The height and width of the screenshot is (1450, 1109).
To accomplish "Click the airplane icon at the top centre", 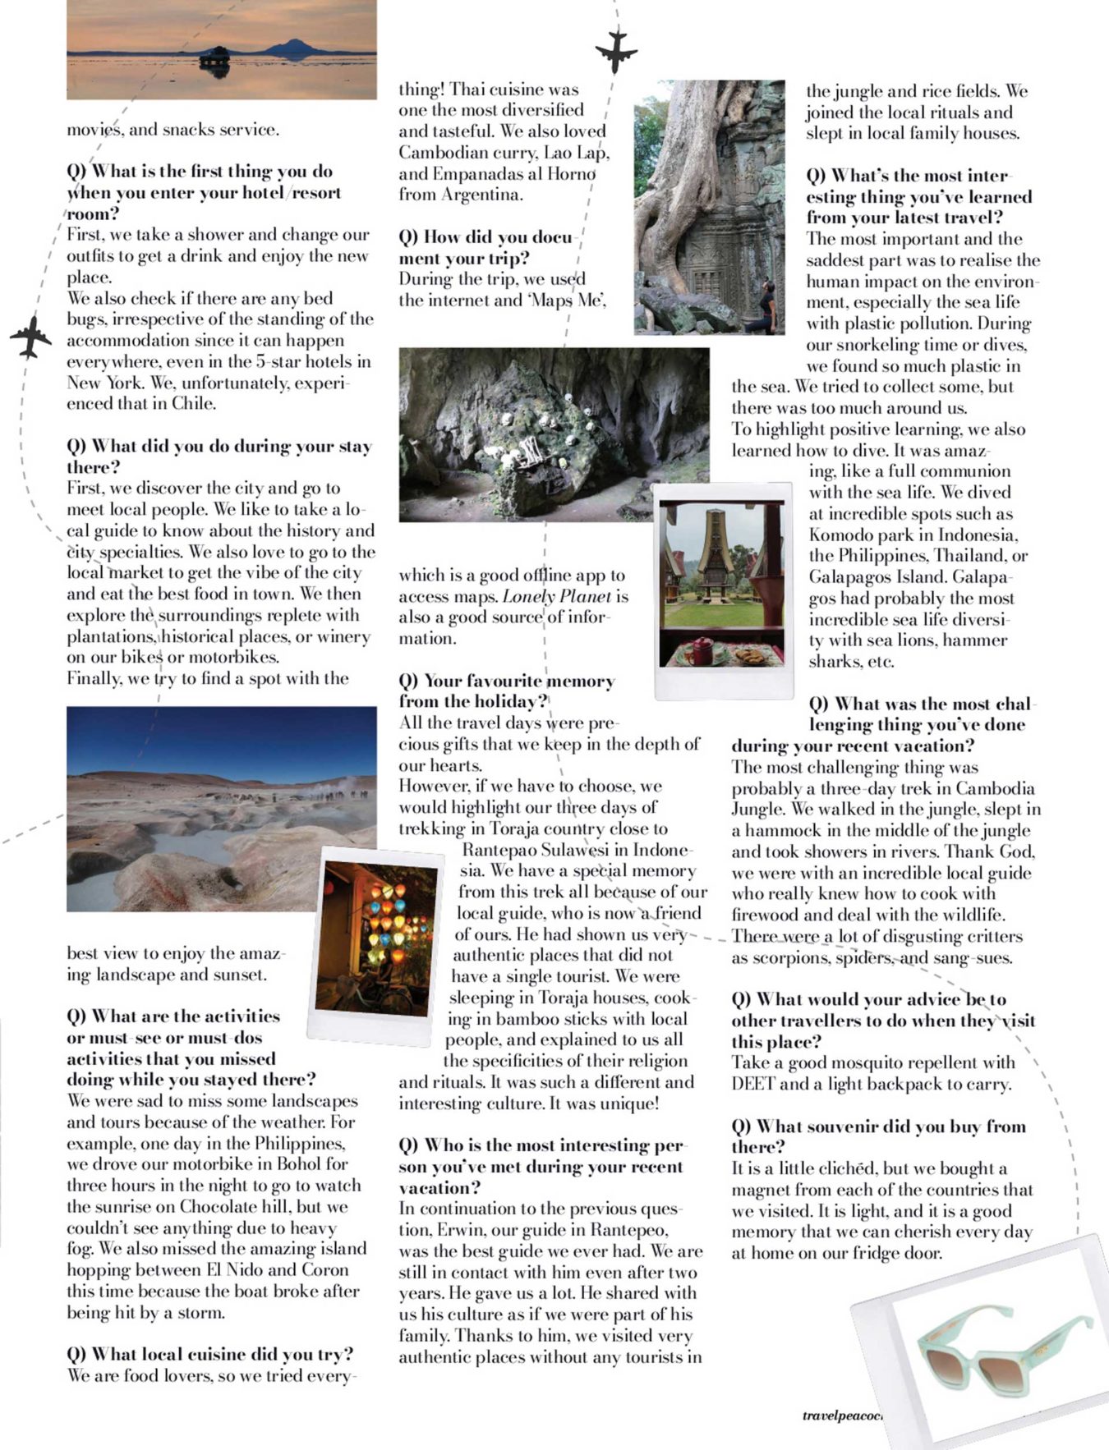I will tap(615, 51).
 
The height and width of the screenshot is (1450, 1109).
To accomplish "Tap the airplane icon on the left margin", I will tap(31, 337).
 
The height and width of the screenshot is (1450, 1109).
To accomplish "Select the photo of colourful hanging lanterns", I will tap(375, 944).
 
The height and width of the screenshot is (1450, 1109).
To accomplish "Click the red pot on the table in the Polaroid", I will tap(703, 650).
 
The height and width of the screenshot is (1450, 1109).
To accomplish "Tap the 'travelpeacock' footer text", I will tap(841, 1416).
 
